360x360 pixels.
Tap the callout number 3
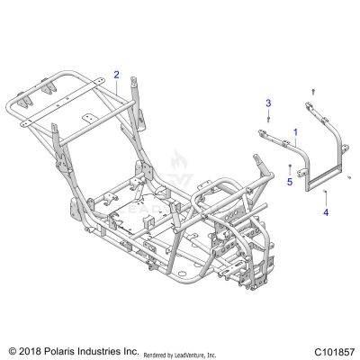point(267,106)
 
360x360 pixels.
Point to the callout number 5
point(290,181)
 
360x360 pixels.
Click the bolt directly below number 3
point(267,126)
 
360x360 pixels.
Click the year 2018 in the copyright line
point(35,348)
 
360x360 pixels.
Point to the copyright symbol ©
point(12,348)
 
